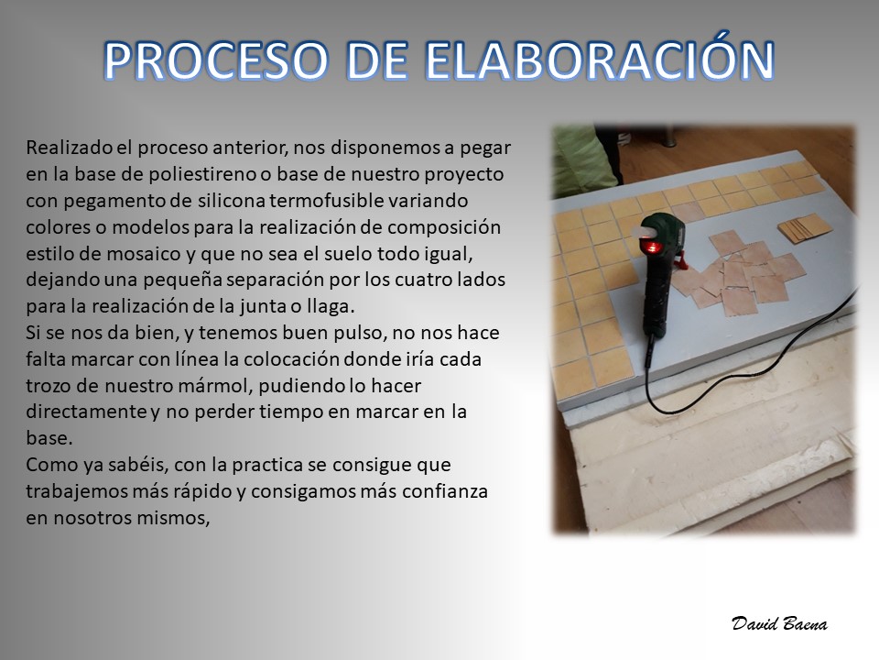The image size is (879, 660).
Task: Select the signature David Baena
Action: (779, 623)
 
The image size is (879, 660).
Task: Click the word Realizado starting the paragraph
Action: (69, 148)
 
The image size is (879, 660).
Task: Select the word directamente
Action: (87, 412)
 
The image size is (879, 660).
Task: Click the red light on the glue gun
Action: (653, 246)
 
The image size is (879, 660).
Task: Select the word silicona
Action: (231, 201)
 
